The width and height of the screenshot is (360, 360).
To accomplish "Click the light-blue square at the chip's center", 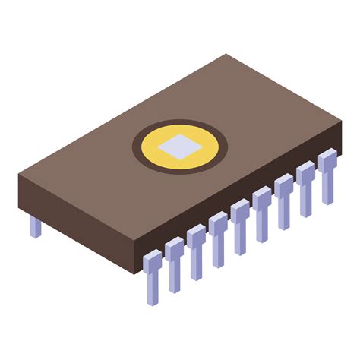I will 180,146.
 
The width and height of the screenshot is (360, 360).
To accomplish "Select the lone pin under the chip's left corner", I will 35,226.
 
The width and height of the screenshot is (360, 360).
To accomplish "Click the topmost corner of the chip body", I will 226,55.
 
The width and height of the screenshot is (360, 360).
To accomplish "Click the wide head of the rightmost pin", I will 327,160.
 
